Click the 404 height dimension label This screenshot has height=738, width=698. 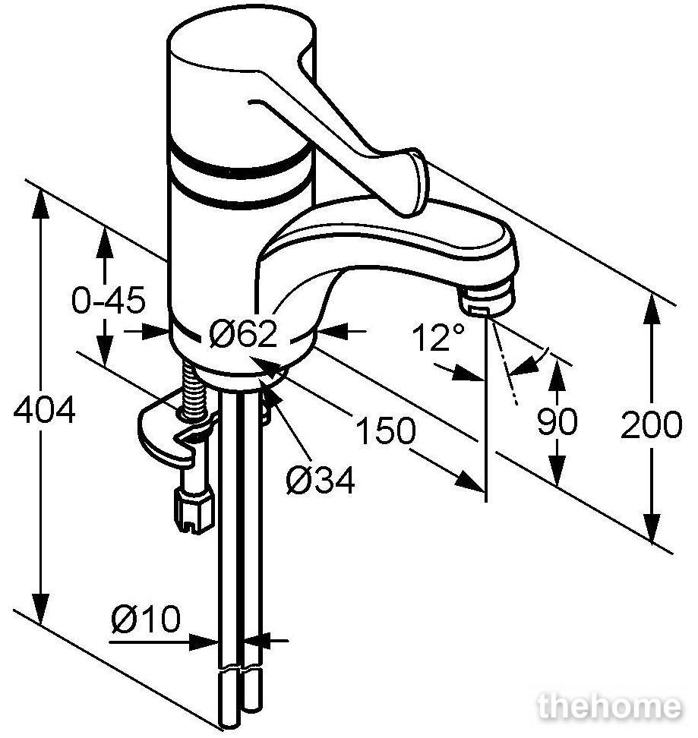(x=44, y=410)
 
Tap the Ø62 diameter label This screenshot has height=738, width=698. (x=243, y=334)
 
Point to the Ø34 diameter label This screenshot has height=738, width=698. (x=321, y=480)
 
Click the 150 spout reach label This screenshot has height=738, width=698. (x=386, y=430)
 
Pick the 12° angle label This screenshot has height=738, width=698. (x=438, y=336)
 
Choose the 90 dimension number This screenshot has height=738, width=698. (x=557, y=421)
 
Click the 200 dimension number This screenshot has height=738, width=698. (x=651, y=424)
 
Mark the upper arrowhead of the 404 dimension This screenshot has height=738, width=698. (x=40, y=203)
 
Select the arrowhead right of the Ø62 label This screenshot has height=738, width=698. (x=332, y=331)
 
